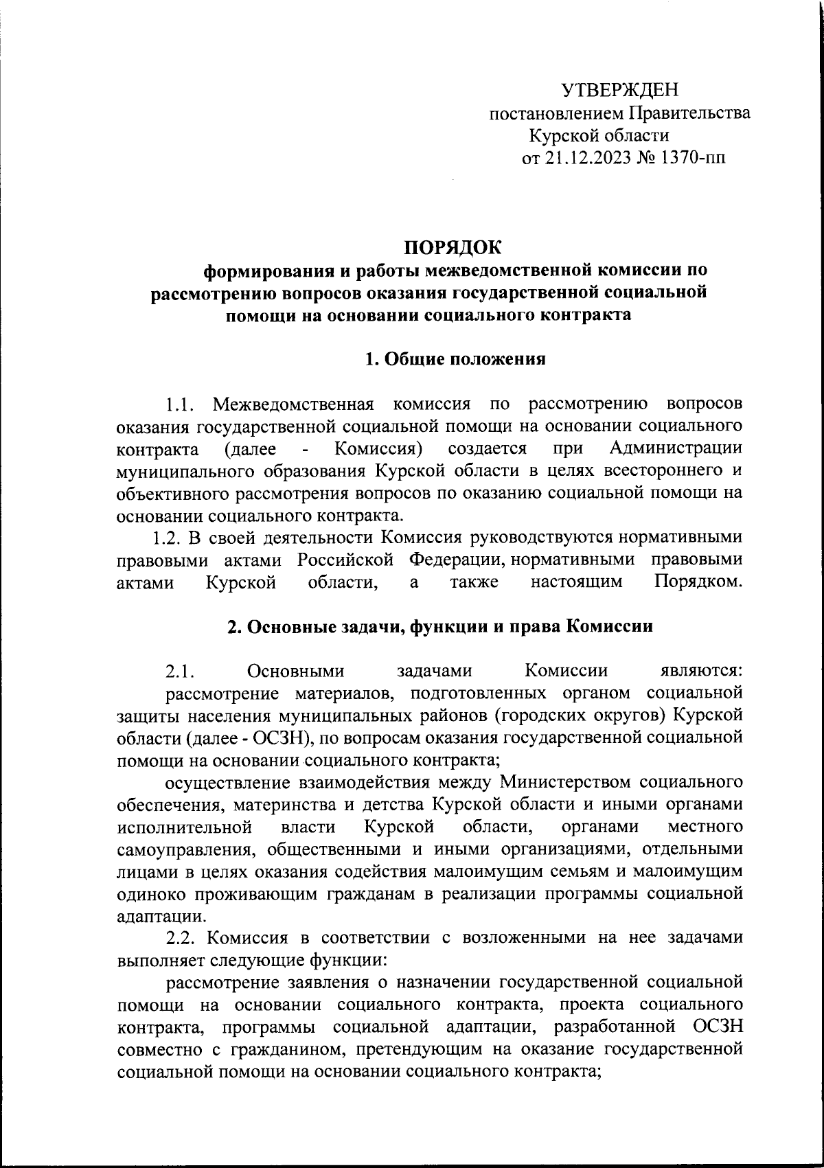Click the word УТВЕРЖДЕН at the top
[619, 90]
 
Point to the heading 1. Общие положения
[455, 359]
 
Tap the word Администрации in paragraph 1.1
[675, 448]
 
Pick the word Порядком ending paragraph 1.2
[698, 583]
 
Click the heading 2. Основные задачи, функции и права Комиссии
[439, 627]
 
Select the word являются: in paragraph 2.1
[696, 672]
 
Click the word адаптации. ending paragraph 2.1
[160, 917]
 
